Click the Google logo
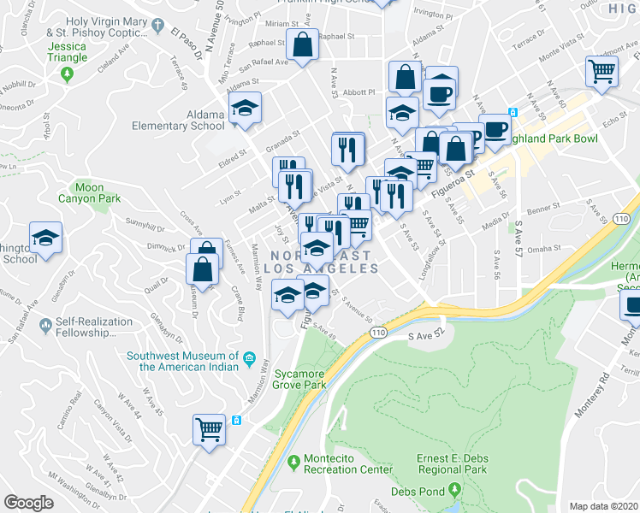29,502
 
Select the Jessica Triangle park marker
68,75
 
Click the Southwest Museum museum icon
249,357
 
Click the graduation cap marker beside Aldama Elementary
245,109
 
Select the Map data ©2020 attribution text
604,505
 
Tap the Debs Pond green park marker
455,491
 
